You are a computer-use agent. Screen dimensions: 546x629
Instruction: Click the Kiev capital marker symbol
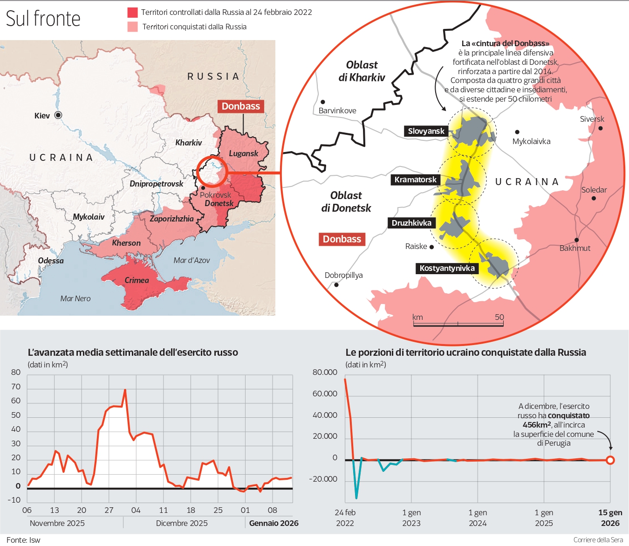[x=58, y=115]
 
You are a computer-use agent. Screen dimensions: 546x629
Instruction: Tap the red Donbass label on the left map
[x=240, y=106]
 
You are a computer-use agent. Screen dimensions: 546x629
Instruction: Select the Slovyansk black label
[x=426, y=131]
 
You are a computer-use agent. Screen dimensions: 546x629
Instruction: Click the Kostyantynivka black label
[x=447, y=268]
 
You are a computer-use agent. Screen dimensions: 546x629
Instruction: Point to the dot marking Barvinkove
[x=322, y=102]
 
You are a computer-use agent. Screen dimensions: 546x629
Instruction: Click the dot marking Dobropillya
[x=336, y=284]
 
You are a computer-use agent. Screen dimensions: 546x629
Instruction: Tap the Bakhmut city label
[x=574, y=249]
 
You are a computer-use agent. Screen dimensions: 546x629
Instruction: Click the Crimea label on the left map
[x=137, y=280]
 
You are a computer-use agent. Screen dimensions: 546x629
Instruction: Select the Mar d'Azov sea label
[x=191, y=260]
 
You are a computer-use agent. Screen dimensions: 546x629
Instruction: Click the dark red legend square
[x=133, y=12]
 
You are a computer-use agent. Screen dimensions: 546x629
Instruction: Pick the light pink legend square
[x=133, y=27]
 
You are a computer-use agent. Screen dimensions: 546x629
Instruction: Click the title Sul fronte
[x=43, y=19]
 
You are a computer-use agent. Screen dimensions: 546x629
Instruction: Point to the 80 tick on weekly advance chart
[x=16, y=372]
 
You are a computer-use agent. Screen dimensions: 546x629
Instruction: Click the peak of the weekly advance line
[x=125, y=390]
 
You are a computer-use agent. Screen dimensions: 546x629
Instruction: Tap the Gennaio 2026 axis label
[x=273, y=523]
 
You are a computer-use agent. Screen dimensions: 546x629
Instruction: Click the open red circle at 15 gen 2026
[x=610, y=460]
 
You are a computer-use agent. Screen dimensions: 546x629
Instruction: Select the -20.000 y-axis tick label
[x=323, y=479]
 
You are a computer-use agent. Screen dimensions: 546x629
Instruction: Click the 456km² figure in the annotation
[x=536, y=425]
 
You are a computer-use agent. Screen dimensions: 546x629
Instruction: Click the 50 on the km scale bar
[x=499, y=317]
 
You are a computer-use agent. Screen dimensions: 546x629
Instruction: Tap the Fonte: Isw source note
[x=23, y=540]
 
